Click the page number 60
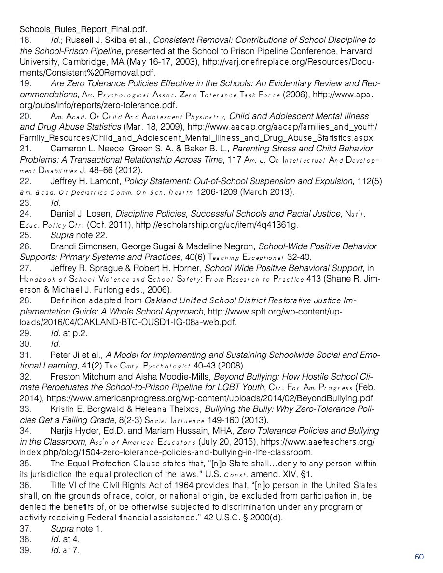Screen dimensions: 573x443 [419, 557]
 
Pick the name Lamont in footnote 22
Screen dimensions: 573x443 [106, 181]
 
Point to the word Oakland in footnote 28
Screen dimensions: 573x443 [159, 301]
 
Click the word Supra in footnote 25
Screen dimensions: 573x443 [62, 235]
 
